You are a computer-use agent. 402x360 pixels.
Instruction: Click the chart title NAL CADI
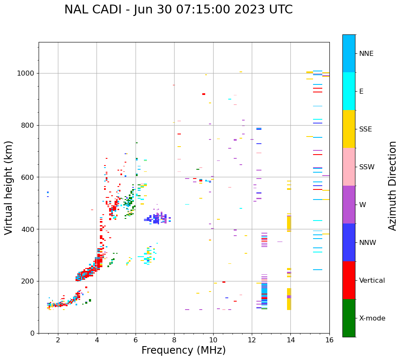coord(178,10)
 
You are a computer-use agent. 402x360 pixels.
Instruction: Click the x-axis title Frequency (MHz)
coord(183,350)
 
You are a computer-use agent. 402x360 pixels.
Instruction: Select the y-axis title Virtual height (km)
coord(9,187)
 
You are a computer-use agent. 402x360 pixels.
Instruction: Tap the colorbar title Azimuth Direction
coord(392,186)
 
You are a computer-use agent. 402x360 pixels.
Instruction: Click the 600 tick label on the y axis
coord(30,177)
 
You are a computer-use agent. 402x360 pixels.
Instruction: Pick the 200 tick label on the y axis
coord(30,281)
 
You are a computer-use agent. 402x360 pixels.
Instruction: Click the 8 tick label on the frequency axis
coord(174,340)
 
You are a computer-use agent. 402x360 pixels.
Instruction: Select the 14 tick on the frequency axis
coord(290,340)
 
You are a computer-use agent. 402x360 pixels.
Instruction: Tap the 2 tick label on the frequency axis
coord(58,340)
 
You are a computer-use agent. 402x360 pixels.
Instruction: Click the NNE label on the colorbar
coord(366,54)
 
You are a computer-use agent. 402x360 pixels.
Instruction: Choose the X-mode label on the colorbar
coord(372,318)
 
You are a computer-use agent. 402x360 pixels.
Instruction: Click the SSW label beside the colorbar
coord(367,167)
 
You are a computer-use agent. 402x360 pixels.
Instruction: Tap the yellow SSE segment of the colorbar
coord(349,129)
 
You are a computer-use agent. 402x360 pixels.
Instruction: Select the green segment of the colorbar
coord(349,318)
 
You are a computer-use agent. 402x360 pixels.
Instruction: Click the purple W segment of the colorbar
coord(349,205)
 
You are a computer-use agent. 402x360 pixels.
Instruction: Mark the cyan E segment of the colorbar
coord(349,91)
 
